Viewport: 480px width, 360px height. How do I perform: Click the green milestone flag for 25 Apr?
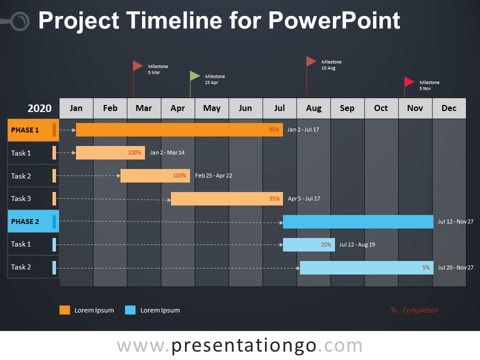point(194,76)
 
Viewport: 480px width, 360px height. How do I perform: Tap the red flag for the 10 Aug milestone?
point(311,61)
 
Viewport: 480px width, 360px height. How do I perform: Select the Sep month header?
point(347,108)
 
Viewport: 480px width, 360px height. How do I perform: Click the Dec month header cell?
point(449,108)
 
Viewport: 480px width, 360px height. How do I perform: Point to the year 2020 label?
point(39,108)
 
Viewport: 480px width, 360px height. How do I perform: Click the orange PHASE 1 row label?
point(33,130)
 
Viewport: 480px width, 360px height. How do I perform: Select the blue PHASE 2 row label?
point(33,221)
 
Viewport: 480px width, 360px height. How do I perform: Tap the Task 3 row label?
point(21,198)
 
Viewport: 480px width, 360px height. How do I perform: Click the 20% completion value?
point(326,244)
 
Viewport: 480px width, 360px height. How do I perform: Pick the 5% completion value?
point(426,267)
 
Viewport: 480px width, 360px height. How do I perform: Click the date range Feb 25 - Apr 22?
point(213,175)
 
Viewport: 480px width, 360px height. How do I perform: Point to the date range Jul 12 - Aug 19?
point(357,244)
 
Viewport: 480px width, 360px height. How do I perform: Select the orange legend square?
point(64,310)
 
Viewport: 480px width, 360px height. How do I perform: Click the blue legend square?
point(130,310)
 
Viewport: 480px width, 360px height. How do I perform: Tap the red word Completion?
point(420,310)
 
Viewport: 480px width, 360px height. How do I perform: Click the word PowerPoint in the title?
point(334,20)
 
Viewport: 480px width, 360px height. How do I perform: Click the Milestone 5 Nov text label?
point(429,85)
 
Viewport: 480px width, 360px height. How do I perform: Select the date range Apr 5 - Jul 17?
point(303,198)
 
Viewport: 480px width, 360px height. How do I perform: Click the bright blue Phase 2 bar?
point(358,221)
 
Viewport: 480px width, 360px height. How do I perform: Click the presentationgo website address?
point(239,345)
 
